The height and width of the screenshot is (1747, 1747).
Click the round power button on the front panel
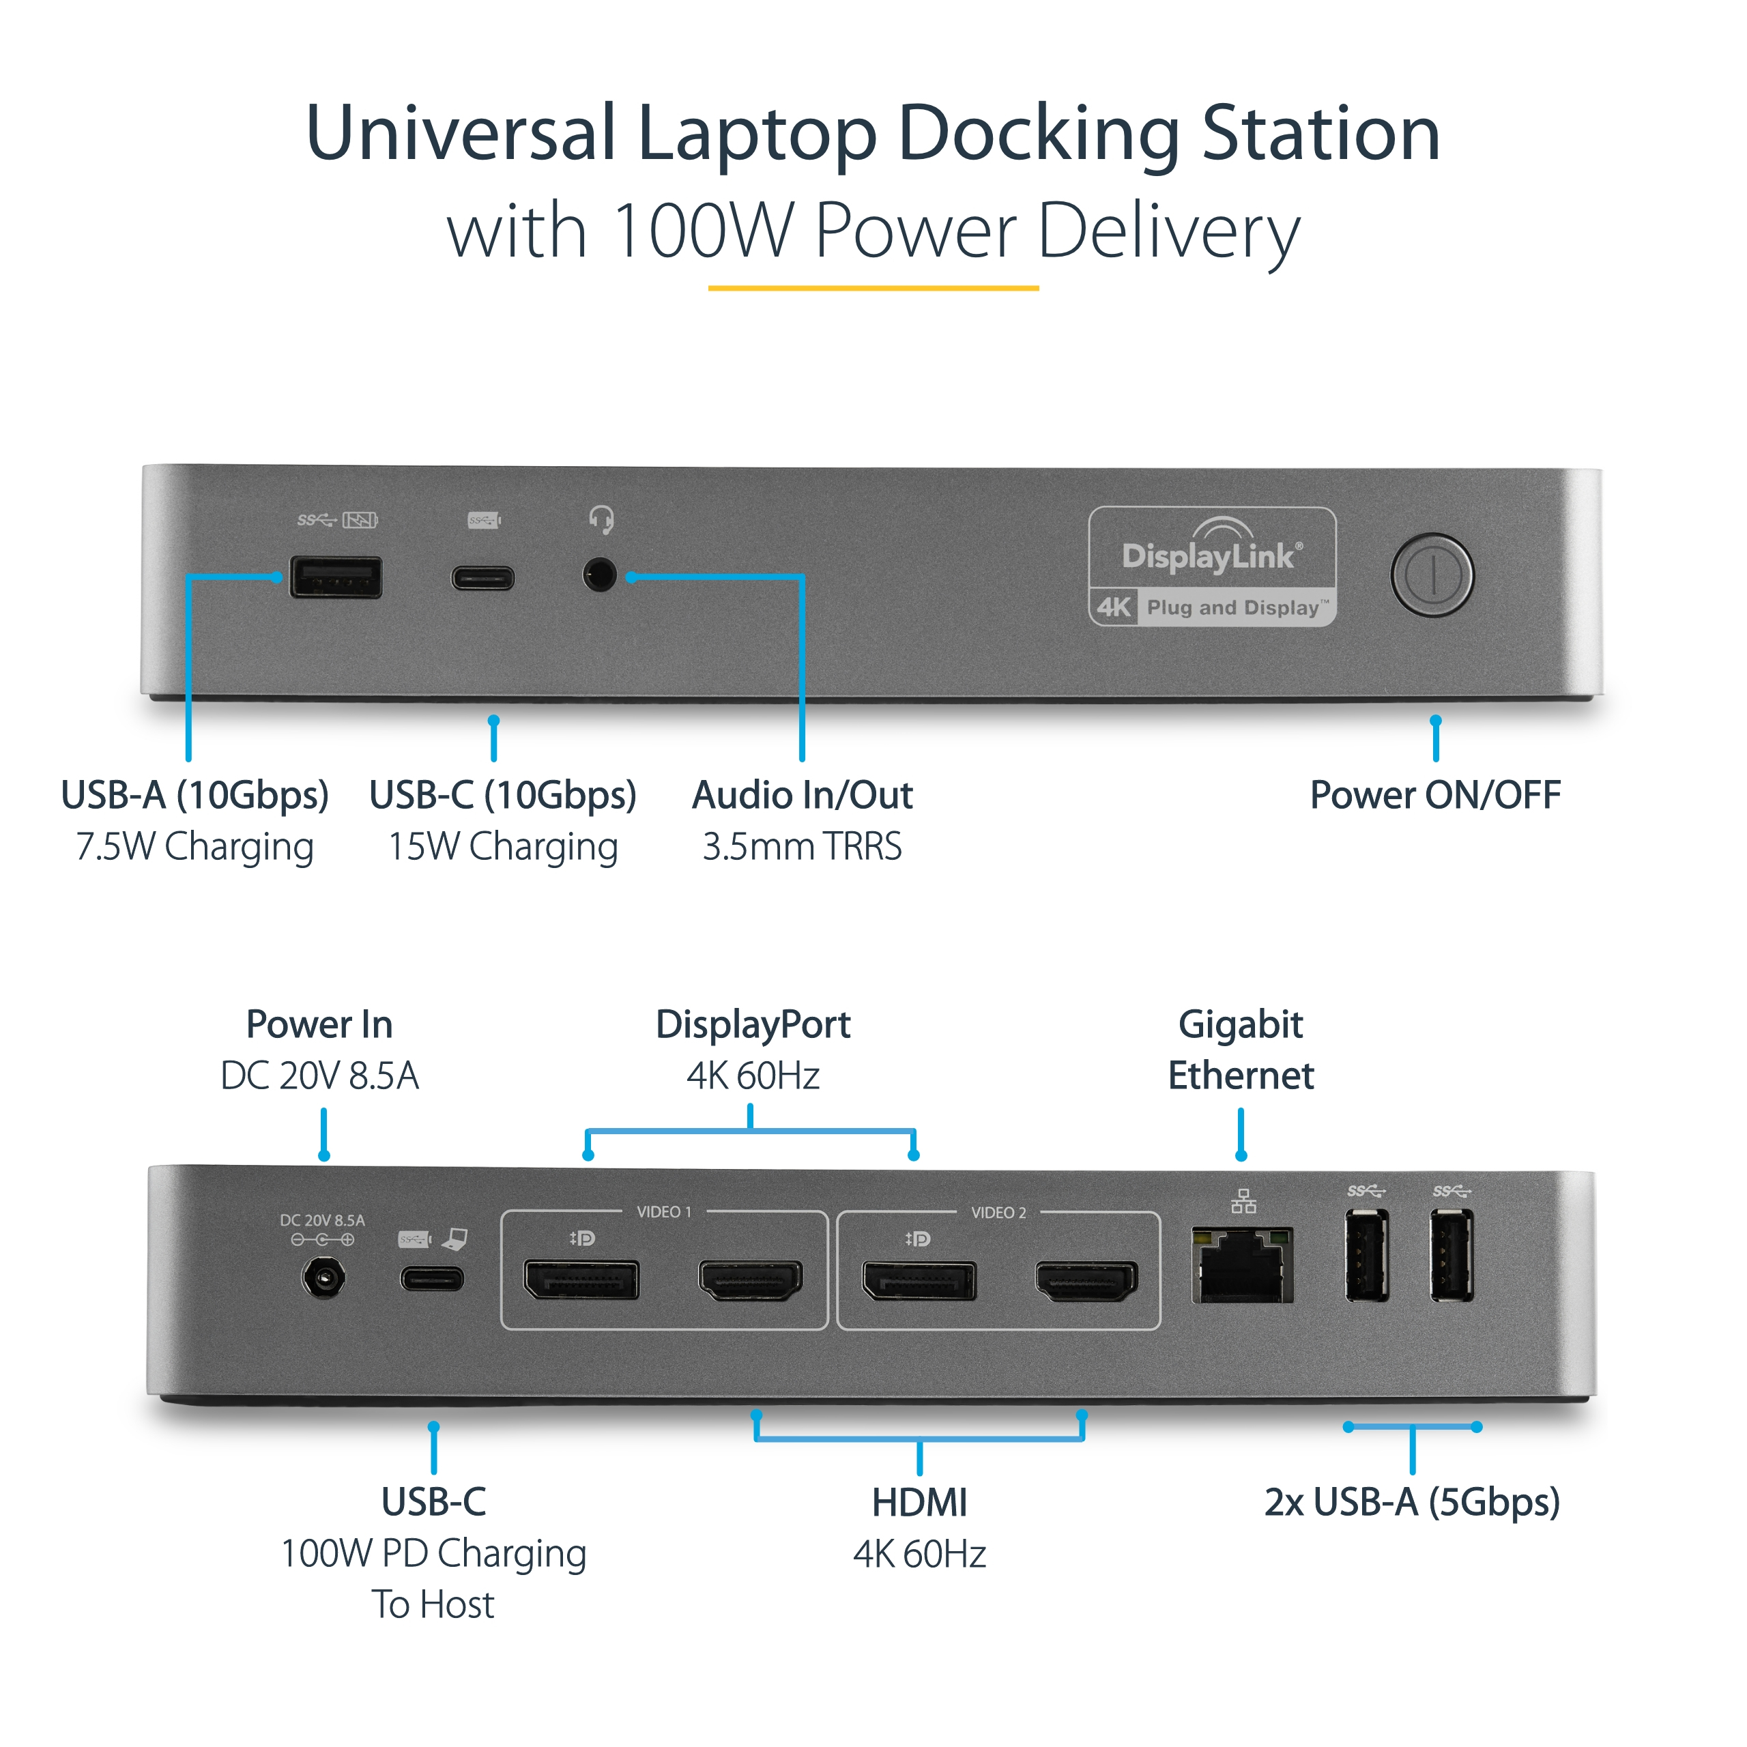pyautogui.click(x=1432, y=575)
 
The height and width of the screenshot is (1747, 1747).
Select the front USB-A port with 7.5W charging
pyautogui.click(x=336, y=577)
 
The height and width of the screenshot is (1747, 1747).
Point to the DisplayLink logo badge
pyautogui.click(x=1212, y=566)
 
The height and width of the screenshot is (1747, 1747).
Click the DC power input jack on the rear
pyautogui.click(x=323, y=1279)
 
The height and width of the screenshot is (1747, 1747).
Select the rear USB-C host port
pyautogui.click(x=432, y=1279)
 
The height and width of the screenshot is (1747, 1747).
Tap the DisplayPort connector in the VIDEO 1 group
pyautogui.click(x=581, y=1280)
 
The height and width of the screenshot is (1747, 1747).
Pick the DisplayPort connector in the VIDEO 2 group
pyautogui.click(x=919, y=1280)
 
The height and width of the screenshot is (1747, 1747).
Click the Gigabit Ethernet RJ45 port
pyautogui.click(x=1243, y=1265)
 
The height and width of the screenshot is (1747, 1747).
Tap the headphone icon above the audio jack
pyautogui.click(x=601, y=519)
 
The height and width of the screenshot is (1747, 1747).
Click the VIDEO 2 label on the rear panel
pyautogui.click(x=998, y=1213)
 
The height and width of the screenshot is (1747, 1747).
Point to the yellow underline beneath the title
pyautogui.click(x=873, y=289)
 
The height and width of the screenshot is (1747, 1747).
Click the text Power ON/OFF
pyautogui.click(x=1435, y=795)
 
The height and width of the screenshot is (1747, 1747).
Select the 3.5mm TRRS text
pyautogui.click(x=802, y=846)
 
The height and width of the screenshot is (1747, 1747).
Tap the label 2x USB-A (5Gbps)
pyautogui.click(x=1411, y=1502)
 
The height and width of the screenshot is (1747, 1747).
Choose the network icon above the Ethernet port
pyautogui.click(x=1243, y=1201)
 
